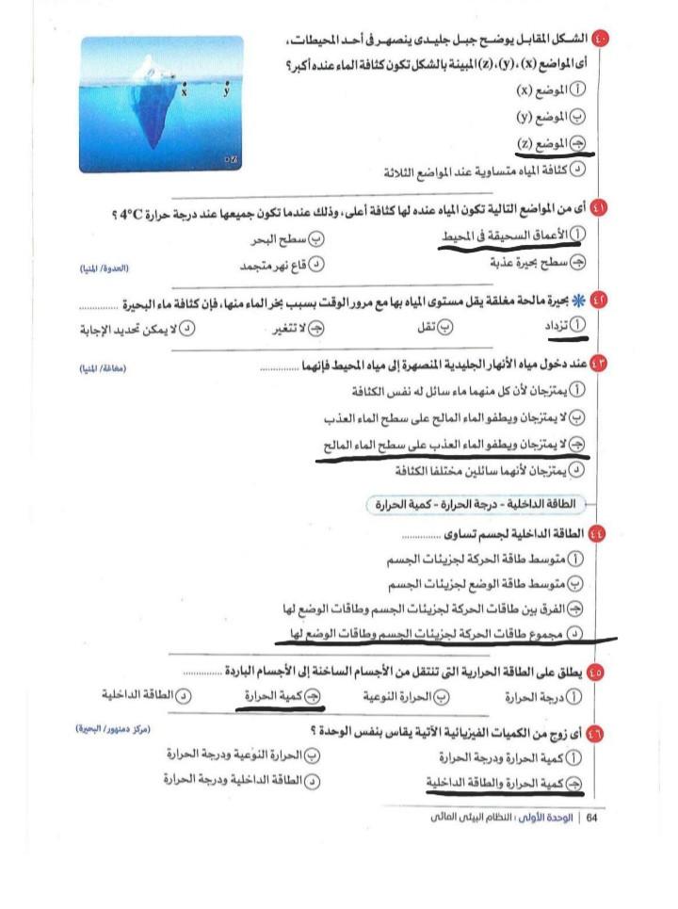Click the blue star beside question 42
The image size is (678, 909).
[x=581, y=300]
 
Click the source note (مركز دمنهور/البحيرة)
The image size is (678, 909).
[x=114, y=729]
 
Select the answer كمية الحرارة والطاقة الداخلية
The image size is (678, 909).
[x=498, y=781]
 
